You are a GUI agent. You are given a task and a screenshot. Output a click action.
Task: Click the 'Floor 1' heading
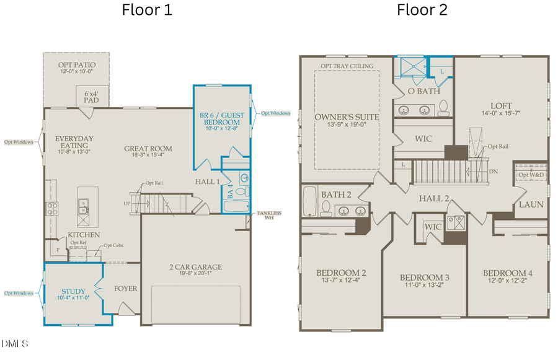tap(147, 10)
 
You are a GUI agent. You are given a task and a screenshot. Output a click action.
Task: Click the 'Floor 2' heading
tap(422, 10)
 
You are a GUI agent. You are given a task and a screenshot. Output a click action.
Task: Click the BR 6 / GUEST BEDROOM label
tap(222, 118)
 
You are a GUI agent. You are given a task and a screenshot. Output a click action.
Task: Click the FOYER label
tap(126, 288)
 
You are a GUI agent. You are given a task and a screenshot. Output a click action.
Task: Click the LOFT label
tap(501, 106)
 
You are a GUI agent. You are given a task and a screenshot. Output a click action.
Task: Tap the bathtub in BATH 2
tap(310, 202)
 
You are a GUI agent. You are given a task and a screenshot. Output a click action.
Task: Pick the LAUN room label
tap(531, 204)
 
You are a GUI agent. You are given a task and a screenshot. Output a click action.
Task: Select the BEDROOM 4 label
tap(507, 273)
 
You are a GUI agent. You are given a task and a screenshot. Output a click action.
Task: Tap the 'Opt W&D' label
tap(531, 174)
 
